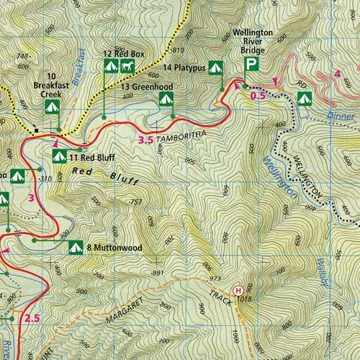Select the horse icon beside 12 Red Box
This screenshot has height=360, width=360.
coord(127,66)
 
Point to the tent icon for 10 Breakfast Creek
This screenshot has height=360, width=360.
coord(50,107)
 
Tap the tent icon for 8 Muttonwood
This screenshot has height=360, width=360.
coord(74,248)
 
